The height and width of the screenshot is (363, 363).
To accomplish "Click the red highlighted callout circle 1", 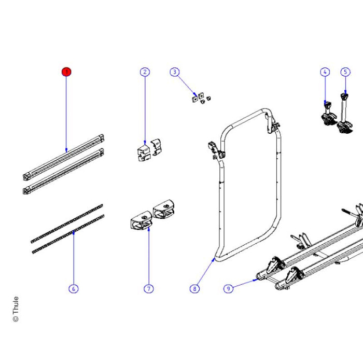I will click(66, 72).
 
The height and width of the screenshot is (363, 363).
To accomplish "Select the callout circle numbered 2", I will click(145, 72).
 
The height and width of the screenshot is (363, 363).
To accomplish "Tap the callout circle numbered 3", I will click(175, 72).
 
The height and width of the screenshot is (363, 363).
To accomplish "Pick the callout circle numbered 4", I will click(325, 72).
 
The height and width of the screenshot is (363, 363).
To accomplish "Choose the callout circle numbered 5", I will click(345, 72).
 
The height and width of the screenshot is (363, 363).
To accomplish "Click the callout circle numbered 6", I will click(73, 288).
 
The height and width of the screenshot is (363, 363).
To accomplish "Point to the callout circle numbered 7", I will click(148, 288).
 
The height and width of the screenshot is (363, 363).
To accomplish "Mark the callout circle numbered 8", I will click(194, 288).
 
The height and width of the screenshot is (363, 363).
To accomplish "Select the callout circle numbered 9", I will click(228, 288).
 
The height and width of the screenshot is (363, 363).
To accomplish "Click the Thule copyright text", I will click(15, 309).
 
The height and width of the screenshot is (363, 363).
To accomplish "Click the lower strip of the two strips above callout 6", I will click(67, 234).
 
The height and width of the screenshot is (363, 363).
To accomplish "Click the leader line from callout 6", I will click(74, 259).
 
